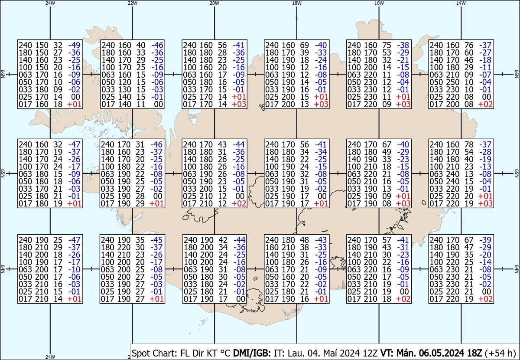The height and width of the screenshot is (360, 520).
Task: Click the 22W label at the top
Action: click(133, 3)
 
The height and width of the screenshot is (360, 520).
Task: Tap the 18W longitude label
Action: click(297, 3)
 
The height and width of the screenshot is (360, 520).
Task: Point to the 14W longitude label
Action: click(461, 3)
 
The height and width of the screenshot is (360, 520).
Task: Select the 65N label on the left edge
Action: click(3, 173)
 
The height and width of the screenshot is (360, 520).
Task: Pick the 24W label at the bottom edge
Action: click(50, 357)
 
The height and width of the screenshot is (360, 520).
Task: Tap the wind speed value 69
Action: click(305, 45)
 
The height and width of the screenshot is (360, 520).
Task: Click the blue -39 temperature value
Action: click(485, 240)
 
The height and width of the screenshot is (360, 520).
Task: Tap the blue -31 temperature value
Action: click(403, 247)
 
